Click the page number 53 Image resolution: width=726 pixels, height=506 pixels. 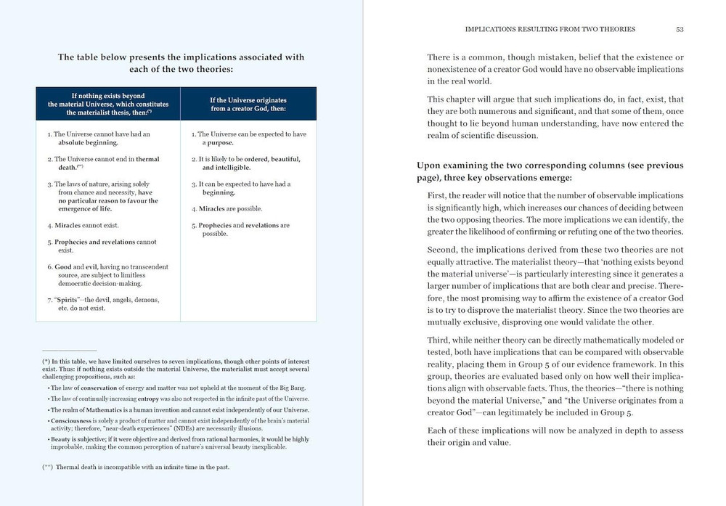click(680, 29)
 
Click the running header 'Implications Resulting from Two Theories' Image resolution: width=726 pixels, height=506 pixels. click(550, 29)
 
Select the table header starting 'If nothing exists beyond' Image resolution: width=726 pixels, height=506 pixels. click(107, 104)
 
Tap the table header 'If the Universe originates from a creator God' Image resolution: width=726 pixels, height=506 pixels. click(248, 104)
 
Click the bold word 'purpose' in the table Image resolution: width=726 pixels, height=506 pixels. click(220, 143)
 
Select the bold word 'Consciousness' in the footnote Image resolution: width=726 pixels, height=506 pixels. click(71, 421)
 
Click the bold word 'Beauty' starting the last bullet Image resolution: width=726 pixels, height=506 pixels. click(60, 439)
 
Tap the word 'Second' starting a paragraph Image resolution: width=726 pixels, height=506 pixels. click(443, 250)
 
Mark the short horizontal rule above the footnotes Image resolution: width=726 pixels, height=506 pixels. click(69, 350)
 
